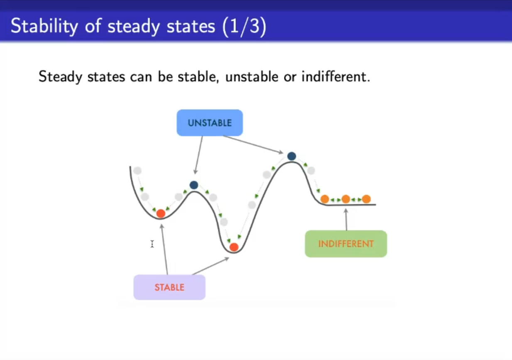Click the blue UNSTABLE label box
pyautogui.click(x=210, y=123)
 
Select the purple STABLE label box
pyautogui.click(x=169, y=287)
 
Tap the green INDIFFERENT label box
pyautogui.click(x=346, y=244)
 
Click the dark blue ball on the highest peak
pyautogui.click(x=292, y=156)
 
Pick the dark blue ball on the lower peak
pyautogui.click(x=194, y=185)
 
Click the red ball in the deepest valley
pyautogui.click(x=234, y=247)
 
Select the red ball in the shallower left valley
pyautogui.click(x=161, y=213)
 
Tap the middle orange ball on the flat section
pyautogui.click(x=345, y=199)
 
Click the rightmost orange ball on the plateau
pyautogui.click(x=366, y=199)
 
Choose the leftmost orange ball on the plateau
pyautogui.click(x=325, y=199)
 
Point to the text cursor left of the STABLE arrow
pyautogui.click(x=152, y=244)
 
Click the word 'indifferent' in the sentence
pyautogui.click(x=336, y=76)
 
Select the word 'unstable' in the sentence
pyautogui.click(x=252, y=76)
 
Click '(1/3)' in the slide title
pyautogui.click(x=244, y=27)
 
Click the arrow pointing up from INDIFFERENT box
pyautogui.click(x=346, y=219)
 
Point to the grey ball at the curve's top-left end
pyautogui.click(x=137, y=170)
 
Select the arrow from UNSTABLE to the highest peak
pyautogui.click(x=253, y=144)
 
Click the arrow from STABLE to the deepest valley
pyautogui.click(x=211, y=266)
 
